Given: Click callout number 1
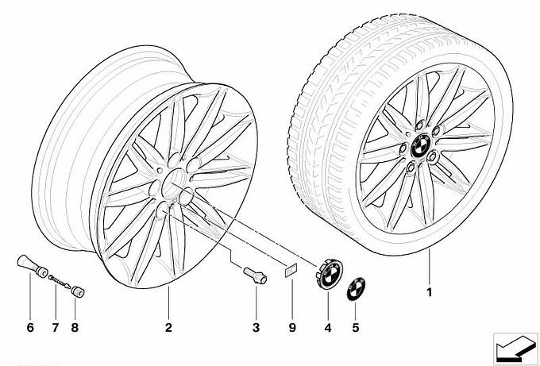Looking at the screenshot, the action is click(x=429, y=293).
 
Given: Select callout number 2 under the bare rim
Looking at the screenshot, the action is click(x=168, y=327).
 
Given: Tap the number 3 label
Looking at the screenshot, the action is click(x=256, y=327).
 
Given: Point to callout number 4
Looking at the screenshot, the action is click(x=328, y=328).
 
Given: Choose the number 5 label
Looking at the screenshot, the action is click(x=356, y=327).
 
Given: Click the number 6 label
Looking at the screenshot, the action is click(x=30, y=327).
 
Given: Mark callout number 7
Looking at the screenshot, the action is click(x=56, y=327).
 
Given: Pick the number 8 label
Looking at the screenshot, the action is click(x=75, y=327).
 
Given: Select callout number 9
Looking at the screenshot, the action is click(x=292, y=327).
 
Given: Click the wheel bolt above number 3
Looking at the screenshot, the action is click(x=255, y=275).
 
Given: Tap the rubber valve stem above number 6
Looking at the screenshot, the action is click(x=33, y=266).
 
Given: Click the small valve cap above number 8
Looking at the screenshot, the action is click(x=78, y=292).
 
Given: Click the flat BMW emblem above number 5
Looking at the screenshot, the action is click(x=356, y=288).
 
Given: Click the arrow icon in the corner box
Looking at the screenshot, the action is click(x=515, y=349).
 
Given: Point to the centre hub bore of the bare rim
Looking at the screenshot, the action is click(x=173, y=181).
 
